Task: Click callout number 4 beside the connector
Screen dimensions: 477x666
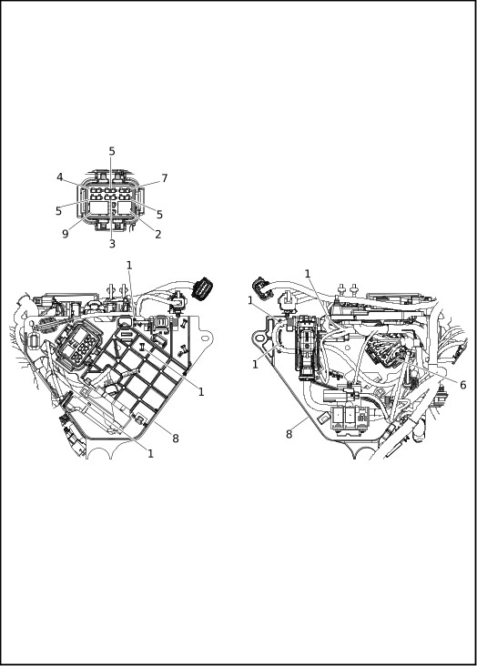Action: pos(60,177)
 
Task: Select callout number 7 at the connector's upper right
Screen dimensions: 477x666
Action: pos(165,178)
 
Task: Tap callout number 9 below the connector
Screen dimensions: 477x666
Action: pos(65,234)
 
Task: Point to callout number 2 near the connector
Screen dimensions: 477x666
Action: pos(158,234)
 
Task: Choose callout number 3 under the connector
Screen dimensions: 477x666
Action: pos(112,244)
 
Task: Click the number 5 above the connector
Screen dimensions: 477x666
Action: pos(112,151)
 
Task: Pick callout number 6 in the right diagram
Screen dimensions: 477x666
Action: pos(463,385)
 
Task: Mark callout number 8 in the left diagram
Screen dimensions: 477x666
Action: pos(176,439)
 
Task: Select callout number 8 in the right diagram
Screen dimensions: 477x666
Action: pos(289,434)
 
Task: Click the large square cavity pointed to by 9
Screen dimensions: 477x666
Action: pos(98,207)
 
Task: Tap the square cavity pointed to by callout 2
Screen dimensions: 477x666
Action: pos(126,207)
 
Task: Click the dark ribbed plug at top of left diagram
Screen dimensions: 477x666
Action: pos(203,288)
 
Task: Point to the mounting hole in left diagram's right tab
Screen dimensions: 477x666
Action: pos(205,338)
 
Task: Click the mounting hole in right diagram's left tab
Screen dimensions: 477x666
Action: pos(259,338)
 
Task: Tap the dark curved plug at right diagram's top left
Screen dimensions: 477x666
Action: pos(260,287)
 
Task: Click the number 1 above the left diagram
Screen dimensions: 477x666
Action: pos(129,266)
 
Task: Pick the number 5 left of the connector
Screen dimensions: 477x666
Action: pos(58,211)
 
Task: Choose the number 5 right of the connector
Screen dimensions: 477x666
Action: pos(159,215)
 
